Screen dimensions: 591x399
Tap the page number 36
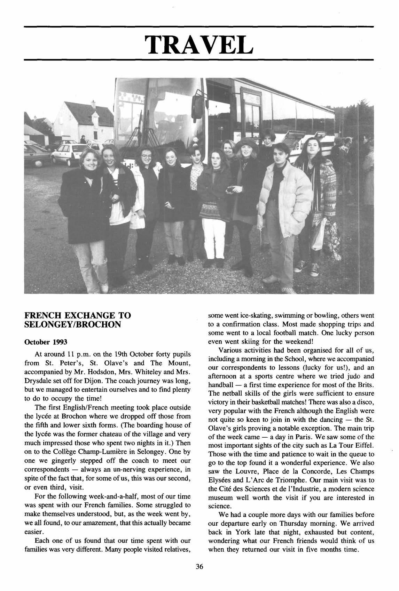coord(199,567)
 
